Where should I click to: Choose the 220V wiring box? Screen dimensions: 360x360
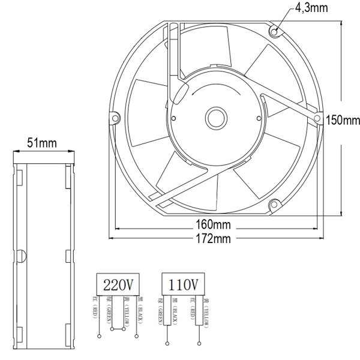click(118, 283)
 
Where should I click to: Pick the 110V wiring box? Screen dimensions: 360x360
click(185, 283)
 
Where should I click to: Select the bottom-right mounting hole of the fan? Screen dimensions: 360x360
click(274, 205)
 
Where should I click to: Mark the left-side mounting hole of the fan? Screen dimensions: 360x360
click(113, 118)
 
